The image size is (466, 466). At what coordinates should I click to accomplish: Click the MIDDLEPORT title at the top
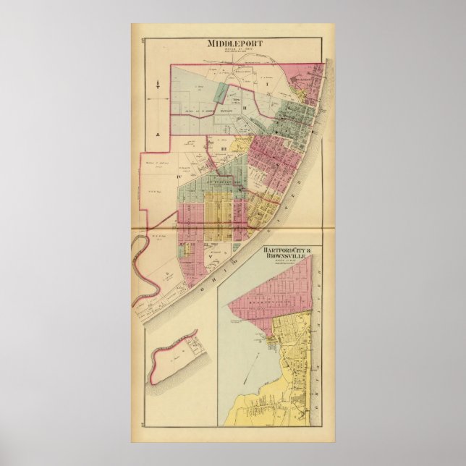point(235,43)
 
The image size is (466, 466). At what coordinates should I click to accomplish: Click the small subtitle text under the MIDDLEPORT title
point(235,51)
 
